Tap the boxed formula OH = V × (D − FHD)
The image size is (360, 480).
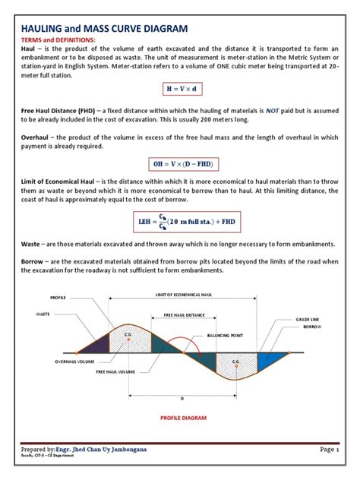[x=179, y=163]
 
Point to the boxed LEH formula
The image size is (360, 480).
[x=179, y=221]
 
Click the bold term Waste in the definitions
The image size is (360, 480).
[x=30, y=245]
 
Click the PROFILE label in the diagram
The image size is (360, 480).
[x=58, y=298]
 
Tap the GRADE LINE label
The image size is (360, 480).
[x=307, y=321]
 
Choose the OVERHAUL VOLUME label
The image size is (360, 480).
[x=57, y=362]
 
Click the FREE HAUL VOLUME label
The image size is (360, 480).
[x=115, y=373]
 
